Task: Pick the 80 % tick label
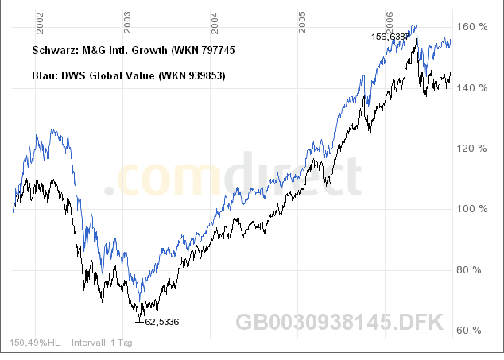[474, 270]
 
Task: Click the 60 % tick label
[474, 331]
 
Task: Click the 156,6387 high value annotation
[390, 37]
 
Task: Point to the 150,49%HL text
[35, 343]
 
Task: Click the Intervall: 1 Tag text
[102, 343]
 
